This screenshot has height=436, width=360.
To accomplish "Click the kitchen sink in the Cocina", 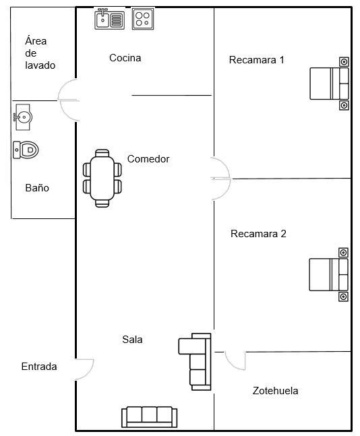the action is [109, 19].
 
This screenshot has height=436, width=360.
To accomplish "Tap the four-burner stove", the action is [143, 19].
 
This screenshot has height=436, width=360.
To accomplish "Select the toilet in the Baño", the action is [26, 150].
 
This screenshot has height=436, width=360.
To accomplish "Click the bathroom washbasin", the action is [23, 117].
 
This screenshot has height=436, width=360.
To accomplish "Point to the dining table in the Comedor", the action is [102, 178].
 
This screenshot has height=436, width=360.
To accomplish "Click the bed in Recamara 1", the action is [330, 84].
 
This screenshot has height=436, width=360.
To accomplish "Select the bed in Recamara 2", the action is [329, 275].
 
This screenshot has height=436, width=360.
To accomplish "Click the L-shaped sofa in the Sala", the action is [194, 361].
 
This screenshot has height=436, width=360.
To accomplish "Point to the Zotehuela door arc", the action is [231, 365].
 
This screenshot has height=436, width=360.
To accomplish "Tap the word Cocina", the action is [125, 58].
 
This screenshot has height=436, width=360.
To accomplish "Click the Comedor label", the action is [148, 159].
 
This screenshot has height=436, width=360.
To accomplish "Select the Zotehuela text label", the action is [275, 391].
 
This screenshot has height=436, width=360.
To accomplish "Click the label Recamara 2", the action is [258, 234].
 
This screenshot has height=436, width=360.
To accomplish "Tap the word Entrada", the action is [39, 367].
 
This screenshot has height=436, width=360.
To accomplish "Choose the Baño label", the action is [37, 188].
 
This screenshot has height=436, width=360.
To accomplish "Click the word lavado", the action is [40, 65].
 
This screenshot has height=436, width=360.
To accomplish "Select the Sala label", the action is [132, 339].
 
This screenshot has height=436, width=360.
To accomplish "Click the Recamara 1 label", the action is [256, 60].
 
